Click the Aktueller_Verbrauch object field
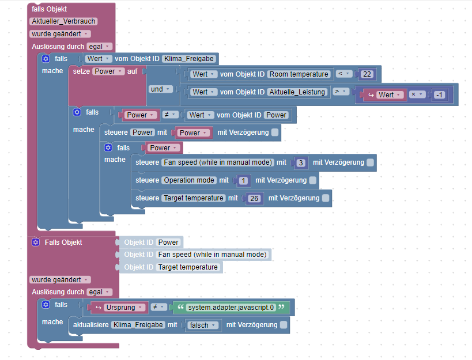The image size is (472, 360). click(x=63, y=21)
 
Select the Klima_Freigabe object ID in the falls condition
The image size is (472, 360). click(x=189, y=58)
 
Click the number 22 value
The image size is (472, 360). click(x=368, y=74)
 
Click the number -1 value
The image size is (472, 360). click(x=440, y=95)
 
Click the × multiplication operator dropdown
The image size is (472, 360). click(x=417, y=94)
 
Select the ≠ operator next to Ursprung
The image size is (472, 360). click(x=158, y=308)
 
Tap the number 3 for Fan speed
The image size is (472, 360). click(x=301, y=163)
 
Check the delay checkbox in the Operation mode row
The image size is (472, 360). click(x=312, y=180)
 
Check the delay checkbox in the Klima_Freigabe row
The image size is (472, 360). click(x=283, y=325)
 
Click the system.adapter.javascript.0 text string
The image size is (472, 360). click(x=231, y=308)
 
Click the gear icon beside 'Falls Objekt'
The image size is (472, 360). click(x=36, y=242)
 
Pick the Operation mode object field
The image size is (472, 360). click(x=188, y=180)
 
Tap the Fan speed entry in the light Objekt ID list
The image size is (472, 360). click(x=212, y=255)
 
